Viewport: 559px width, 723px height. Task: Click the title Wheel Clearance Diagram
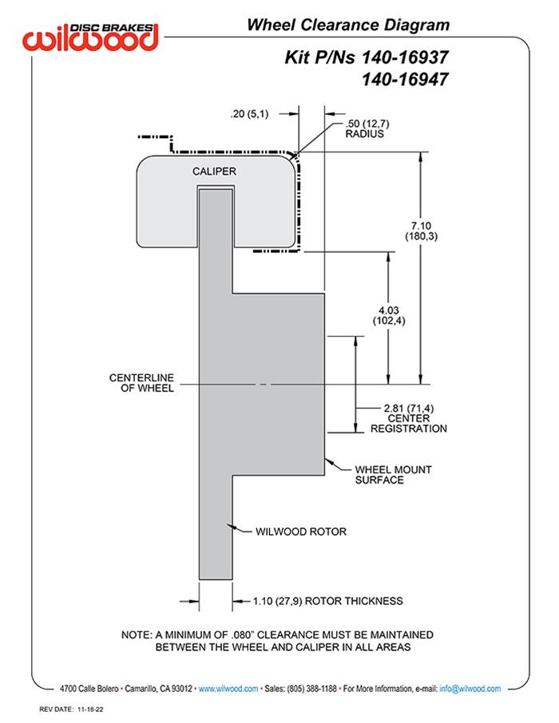(x=347, y=25)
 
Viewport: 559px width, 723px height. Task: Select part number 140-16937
(x=402, y=58)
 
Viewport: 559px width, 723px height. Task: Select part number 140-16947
(x=402, y=79)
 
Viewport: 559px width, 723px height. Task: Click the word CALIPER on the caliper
(x=215, y=172)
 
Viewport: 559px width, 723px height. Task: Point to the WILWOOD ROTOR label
(x=301, y=531)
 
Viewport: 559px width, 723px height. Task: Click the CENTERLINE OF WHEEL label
(x=145, y=383)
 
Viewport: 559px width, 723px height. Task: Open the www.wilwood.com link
(x=228, y=688)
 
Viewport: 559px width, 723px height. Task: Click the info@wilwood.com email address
(x=470, y=688)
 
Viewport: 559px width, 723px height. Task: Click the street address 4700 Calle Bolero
(x=89, y=688)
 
